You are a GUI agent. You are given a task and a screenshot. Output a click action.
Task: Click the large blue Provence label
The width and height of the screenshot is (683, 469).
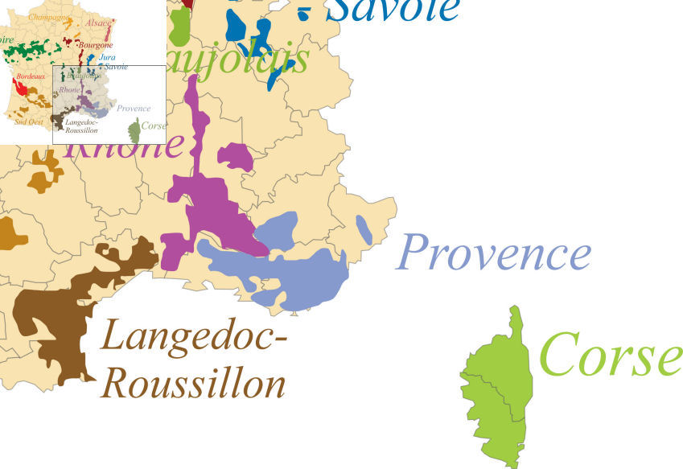tap(493, 253)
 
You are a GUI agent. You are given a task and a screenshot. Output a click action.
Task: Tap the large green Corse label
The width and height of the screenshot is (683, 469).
tap(608, 355)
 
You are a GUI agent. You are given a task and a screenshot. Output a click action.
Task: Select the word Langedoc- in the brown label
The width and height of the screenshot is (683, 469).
tap(194, 337)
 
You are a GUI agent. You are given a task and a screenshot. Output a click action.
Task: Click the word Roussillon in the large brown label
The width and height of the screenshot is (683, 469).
tap(194, 385)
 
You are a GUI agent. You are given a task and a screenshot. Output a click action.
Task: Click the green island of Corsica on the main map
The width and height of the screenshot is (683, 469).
tap(495, 386)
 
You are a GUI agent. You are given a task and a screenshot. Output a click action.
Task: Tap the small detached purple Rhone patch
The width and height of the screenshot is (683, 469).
tap(235, 156)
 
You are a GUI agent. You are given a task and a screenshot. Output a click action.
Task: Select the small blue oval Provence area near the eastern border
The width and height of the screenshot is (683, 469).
tap(364, 229)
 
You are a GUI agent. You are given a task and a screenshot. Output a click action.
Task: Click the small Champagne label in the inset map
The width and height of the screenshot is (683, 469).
tap(48, 16)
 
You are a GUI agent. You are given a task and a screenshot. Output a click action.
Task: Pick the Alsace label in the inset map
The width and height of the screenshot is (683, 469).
tap(98, 23)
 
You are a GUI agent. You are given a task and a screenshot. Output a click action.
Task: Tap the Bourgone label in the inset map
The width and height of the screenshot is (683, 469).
tap(96, 46)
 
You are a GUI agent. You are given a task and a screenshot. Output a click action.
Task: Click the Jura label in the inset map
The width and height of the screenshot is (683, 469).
tap(107, 57)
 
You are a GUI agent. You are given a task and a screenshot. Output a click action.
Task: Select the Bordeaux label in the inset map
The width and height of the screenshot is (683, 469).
tap(31, 76)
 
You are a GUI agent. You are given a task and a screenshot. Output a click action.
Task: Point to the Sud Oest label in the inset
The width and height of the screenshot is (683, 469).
tap(30, 122)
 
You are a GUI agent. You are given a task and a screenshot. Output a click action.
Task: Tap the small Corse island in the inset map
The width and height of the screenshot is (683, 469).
tap(134, 130)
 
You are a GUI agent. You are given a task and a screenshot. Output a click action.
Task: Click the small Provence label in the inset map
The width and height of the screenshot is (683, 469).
tap(134, 108)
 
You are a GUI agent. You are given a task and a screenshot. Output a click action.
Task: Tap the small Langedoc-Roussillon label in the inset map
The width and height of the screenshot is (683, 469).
tap(80, 126)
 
